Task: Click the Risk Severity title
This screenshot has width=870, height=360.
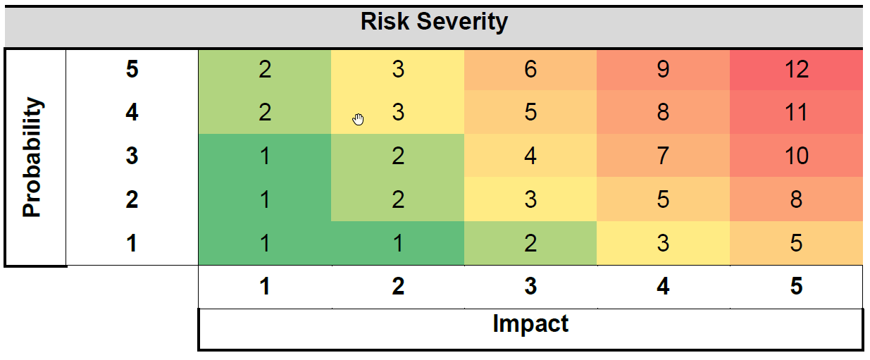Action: [434, 22]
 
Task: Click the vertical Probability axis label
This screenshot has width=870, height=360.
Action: [32, 157]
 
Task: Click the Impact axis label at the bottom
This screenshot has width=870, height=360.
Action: [530, 324]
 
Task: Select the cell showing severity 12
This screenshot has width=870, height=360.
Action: [796, 69]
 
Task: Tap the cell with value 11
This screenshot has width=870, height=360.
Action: [796, 113]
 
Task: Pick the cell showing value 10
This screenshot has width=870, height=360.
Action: [796, 156]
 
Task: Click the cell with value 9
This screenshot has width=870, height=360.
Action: [662, 69]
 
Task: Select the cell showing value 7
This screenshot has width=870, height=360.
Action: [662, 156]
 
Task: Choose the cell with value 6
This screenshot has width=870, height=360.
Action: [530, 69]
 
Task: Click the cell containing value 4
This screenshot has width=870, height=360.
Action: [530, 156]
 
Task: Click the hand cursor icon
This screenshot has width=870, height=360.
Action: [359, 119]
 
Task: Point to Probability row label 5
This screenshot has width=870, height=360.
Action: [132, 70]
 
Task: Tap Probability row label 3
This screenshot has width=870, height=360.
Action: [132, 156]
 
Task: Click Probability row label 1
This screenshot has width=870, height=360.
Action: [132, 244]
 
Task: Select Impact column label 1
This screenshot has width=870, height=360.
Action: [265, 287]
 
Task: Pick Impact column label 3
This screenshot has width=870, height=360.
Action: [530, 287]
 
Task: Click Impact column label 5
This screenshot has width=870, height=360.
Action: [796, 287]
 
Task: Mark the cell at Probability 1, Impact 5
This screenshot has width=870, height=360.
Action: [796, 243]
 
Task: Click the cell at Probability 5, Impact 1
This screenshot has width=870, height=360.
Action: [265, 69]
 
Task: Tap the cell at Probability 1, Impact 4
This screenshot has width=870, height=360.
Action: [662, 243]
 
